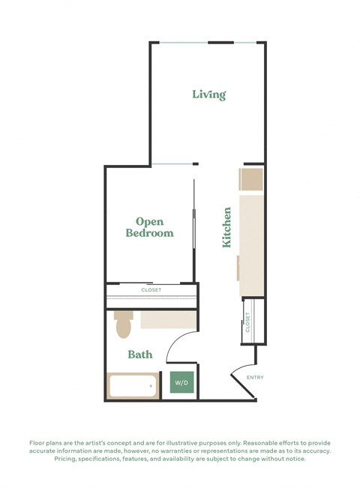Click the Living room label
(208, 94)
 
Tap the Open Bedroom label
(149, 227)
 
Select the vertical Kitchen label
(226, 228)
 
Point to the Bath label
(140, 354)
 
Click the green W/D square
(182, 384)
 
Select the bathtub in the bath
(132, 386)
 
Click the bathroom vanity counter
(168, 320)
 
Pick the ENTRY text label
(255, 377)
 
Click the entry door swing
(241, 380)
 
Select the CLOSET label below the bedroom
(151, 289)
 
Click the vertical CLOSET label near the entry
(248, 322)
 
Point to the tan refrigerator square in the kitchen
(250, 180)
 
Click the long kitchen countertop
(251, 244)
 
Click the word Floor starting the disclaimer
(39, 442)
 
